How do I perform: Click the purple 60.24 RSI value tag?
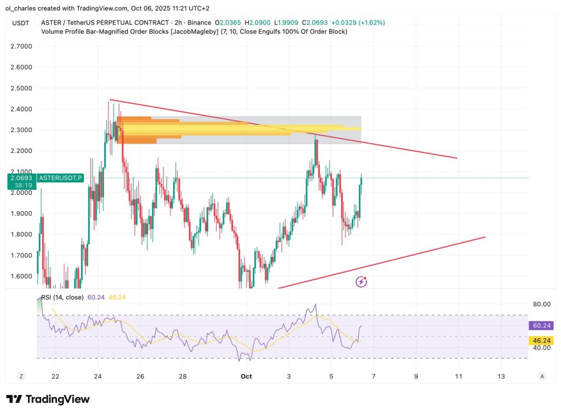pos(542,326)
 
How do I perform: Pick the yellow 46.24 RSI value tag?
pos(542,341)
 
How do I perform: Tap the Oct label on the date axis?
pos(247,376)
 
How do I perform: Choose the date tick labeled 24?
pos(98,376)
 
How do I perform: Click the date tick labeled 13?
pos(501,376)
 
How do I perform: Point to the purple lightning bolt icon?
pos(361,281)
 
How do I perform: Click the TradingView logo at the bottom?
pos(48,399)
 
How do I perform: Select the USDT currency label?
pos(20,23)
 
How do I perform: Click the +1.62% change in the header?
pos(373,23)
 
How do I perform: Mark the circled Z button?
pos(21,376)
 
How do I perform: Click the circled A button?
pos(542,376)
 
